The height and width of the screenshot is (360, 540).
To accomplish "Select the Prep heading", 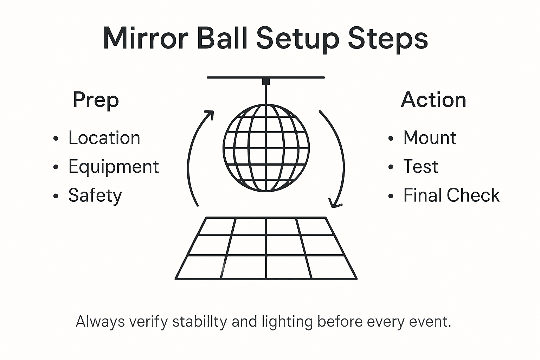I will pos(96,100).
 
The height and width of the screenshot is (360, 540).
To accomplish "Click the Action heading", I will pos(433,100).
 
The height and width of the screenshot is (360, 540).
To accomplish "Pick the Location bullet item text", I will pos(104,138).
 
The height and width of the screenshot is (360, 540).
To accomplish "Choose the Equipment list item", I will pos(114,167).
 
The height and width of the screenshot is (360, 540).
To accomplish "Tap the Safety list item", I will pos(95,195).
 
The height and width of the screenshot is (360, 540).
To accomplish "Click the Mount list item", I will pos(430,138).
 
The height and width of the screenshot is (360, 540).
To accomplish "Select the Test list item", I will pos(420,167).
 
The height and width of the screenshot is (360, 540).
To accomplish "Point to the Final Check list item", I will pos(451,195).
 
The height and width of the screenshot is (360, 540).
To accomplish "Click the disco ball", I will pos(266,148).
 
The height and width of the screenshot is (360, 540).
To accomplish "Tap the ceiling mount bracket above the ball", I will pos(266,82).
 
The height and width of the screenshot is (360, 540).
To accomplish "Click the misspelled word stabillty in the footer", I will pos(199,322).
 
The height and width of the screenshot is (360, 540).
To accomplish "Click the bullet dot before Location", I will pos(56,139).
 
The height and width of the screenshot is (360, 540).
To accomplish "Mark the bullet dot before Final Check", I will pos(391,196).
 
